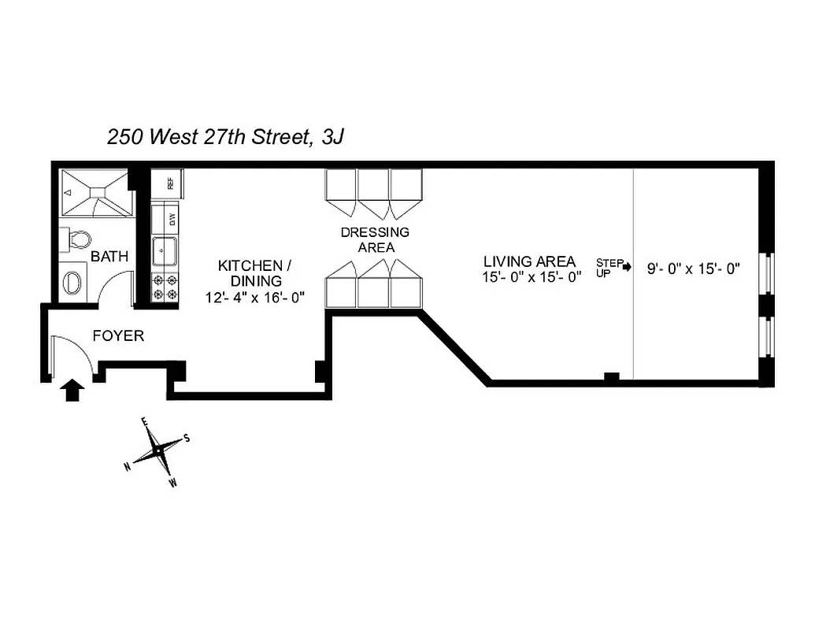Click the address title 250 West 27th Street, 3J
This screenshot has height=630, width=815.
[x=225, y=137]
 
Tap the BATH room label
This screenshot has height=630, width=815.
[x=109, y=257]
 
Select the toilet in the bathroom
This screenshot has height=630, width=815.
[x=79, y=239]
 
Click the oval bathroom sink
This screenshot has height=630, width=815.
[x=72, y=282]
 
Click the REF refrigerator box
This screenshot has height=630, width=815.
[x=168, y=183]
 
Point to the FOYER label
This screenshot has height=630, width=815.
[x=118, y=336]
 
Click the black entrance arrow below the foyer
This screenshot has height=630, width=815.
[x=72, y=389]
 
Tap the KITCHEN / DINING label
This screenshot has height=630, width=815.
[x=250, y=272]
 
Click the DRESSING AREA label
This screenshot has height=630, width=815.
[x=374, y=239]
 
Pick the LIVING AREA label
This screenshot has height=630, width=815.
[x=529, y=261]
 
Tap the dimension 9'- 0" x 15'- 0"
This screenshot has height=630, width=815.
[x=695, y=269]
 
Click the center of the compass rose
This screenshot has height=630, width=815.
[x=159, y=450]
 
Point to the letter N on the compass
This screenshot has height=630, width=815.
[x=127, y=466]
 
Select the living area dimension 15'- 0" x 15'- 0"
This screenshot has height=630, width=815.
[x=532, y=276]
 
